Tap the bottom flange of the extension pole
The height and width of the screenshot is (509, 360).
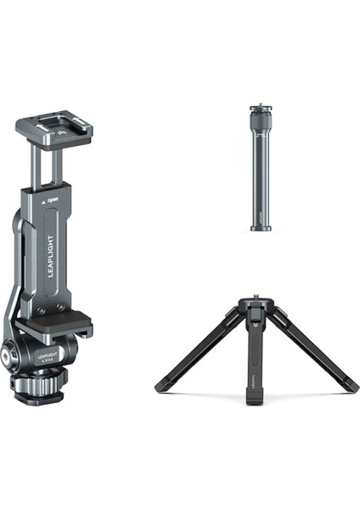[261, 227]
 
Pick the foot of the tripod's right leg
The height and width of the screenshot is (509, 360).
[352, 388]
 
